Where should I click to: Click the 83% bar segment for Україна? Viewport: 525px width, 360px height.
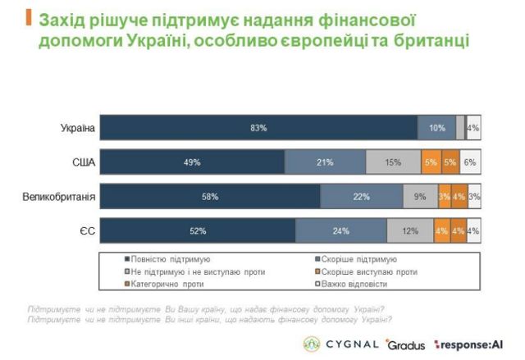point(259,128)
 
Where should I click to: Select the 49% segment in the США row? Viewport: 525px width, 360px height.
point(194,162)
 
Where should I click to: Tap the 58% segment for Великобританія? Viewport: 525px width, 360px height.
point(211,197)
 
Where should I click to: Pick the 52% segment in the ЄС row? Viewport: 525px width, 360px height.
point(199,231)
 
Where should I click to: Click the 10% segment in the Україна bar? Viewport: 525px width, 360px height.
point(436,128)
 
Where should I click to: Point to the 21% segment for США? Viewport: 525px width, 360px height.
point(325,162)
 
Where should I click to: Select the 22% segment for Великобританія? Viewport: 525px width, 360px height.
point(361,197)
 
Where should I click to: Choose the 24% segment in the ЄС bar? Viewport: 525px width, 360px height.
point(341,231)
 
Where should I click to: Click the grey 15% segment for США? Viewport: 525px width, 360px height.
point(393,162)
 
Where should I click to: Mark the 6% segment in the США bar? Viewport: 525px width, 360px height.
point(470,162)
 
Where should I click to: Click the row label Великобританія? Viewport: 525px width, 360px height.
point(62,197)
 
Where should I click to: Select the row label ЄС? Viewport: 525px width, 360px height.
point(89,231)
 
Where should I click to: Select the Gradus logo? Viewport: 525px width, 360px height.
point(405,344)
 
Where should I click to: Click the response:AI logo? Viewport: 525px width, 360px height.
point(470,344)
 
